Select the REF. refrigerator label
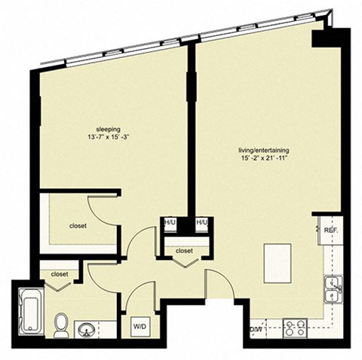(330, 230)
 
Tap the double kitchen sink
(331, 288)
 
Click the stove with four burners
(293, 328)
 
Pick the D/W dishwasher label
(256, 329)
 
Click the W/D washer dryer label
(140, 327)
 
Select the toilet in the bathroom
(62, 324)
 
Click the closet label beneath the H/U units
(185, 251)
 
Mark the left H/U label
(170, 224)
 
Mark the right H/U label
(201, 224)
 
